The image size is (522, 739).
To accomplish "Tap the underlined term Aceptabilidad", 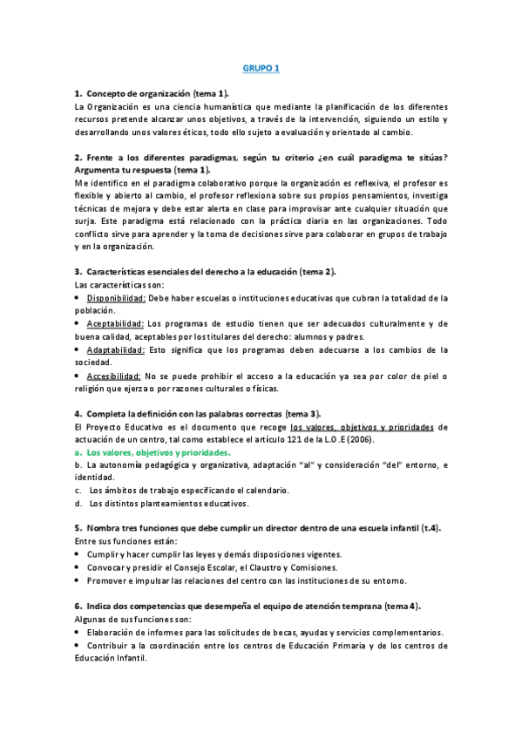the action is point(116,323).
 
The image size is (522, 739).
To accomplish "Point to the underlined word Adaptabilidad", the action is point(116,349).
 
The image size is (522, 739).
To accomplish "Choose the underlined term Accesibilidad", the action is point(114,376).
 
